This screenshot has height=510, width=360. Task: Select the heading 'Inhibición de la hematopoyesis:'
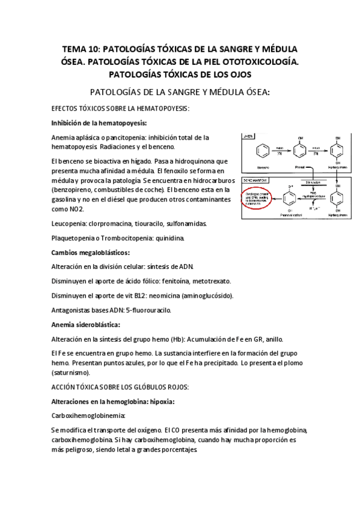[x=99, y=123]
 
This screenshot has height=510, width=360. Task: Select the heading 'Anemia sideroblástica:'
[x=86, y=325]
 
